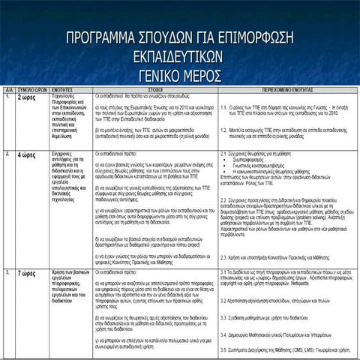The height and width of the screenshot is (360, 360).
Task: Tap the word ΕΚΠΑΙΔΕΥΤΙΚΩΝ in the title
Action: click(179, 58)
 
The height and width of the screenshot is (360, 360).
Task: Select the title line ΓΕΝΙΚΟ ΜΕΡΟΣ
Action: click(179, 76)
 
